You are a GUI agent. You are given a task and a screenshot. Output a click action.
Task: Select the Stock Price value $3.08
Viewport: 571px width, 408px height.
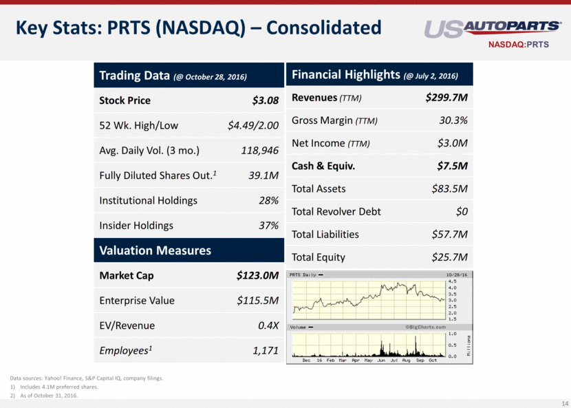click(265, 100)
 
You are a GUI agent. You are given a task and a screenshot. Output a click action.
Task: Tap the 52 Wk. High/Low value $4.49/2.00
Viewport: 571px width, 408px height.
click(252, 125)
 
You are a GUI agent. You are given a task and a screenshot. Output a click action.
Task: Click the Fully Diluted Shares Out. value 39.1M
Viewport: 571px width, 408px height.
click(263, 175)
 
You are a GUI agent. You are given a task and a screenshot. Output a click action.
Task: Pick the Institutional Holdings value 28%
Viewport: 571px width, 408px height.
click(268, 200)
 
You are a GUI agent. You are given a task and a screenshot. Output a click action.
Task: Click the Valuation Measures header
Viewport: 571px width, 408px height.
click(155, 250)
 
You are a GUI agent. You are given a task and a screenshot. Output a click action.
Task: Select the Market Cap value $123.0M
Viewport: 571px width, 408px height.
click(257, 276)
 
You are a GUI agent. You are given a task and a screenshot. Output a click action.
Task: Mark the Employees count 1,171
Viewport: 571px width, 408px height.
click(265, 351)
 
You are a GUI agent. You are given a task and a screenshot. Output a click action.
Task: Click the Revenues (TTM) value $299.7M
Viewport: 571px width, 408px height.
click(447, 98)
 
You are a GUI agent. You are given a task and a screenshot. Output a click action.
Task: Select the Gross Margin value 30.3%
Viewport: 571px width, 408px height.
click(453, 120)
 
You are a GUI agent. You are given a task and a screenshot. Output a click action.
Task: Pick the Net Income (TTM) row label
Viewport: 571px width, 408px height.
click(330, 143)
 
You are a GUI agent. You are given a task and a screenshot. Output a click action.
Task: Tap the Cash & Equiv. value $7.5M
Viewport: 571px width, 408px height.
click(452, 166)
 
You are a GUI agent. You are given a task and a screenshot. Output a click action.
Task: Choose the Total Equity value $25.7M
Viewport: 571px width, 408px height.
click(450, 257)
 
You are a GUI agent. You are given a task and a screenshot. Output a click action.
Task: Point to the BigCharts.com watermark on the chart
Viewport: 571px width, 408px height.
click(425, 327)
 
